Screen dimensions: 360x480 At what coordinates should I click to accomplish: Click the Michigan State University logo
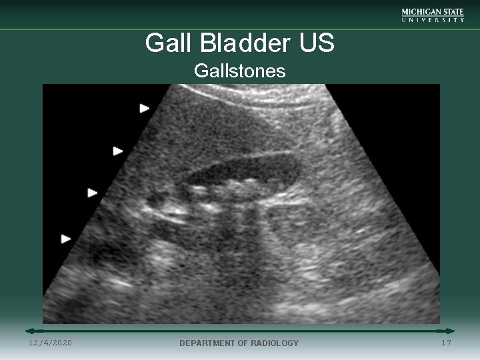point(433,15)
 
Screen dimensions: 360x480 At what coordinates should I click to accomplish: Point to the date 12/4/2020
point(51,343)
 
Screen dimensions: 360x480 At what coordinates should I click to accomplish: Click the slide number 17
point(446,343)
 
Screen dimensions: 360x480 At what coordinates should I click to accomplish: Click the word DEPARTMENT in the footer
point(208,343)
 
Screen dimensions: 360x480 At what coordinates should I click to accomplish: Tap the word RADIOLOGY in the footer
point(273,343)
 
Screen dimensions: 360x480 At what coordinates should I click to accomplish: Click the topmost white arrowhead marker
point(145,108)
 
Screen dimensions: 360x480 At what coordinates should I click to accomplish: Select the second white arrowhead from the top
point(118,151)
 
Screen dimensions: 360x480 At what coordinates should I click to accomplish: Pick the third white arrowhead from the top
point(93,193)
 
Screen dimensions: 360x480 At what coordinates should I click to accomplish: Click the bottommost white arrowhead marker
point(66,239)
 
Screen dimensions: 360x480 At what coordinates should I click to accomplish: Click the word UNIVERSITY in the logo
point(433,20)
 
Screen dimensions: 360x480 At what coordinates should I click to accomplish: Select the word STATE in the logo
point(452,12)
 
